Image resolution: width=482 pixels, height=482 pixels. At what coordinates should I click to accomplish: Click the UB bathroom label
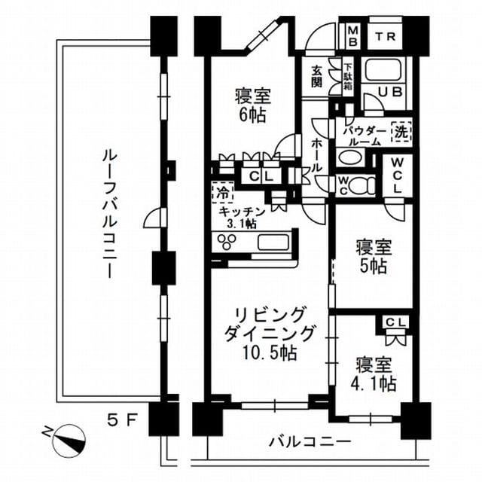pos(389,91)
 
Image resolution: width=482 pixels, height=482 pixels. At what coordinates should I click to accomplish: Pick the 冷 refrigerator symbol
pos(221,192)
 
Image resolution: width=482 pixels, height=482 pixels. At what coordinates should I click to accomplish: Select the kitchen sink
pos(270,243)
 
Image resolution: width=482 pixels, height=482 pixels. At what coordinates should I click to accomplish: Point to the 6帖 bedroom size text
pos(252,117)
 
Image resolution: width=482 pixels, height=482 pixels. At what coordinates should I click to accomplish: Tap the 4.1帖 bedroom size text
pos(375,383)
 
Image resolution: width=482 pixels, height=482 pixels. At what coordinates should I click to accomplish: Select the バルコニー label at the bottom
pos(309,441)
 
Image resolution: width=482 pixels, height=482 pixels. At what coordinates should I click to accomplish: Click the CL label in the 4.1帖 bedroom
pos(395,322)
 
